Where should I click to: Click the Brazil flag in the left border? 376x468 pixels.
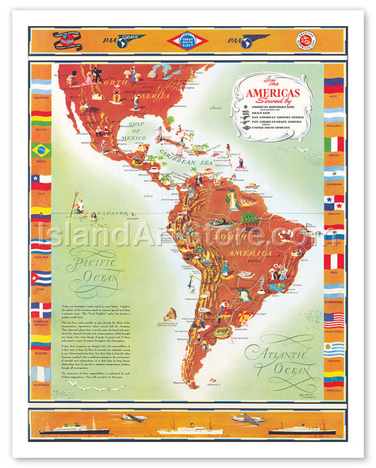point(40,148)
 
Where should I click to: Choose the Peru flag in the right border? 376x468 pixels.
point(334,259)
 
